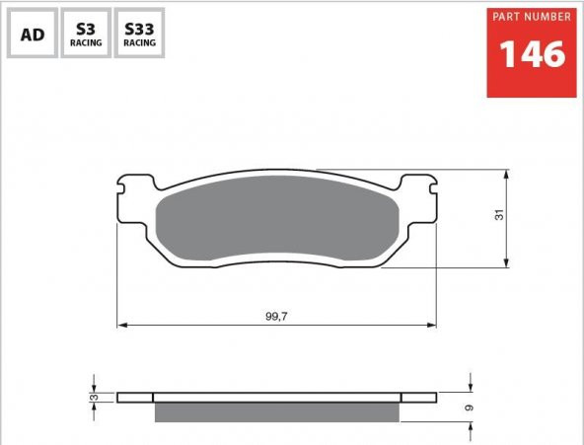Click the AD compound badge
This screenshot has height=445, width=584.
pyautogui.click(x=33, y=34)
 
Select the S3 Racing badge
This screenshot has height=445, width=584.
pyautogui.click(x=86, y=34)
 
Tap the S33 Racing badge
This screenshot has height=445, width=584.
pyautogui.click(x=139, y=34)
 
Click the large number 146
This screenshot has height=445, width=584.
pyautogui.click(x=533, y=54)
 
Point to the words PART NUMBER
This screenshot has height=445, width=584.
pyautogui.click(x=532, y=17)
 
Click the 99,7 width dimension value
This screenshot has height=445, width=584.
pyautogui.click(x=276, y=317)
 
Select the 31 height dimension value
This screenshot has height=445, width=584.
pyautogui.click(x=499, y=215)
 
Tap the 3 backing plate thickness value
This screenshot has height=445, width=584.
pyautogui.click(x=95, y=398)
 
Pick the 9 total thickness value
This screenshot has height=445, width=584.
pyautogui.click(x=470, y=408)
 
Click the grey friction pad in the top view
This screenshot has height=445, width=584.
pyautogui.click(x=277, y=219)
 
